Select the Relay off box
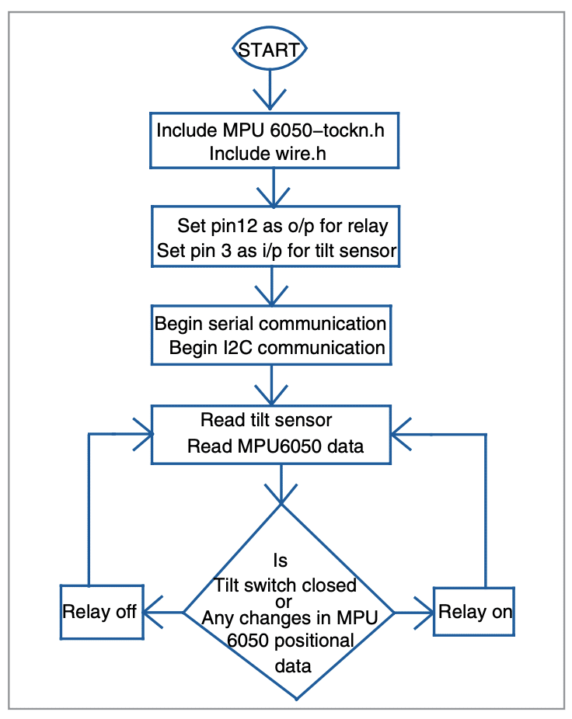point(102,611)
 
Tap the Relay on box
point(475,611)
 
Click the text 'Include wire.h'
point(267,153)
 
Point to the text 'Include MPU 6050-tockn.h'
point(270,130)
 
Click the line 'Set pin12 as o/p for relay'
point(283,226)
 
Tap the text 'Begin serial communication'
point(270,322)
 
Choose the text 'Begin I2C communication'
point(277,347)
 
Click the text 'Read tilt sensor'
point(266,420)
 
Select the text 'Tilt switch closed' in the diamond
point(285,585)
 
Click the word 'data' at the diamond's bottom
point(293,665)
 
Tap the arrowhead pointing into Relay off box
point(153,612)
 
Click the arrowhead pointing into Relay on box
point(424,612)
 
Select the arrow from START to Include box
point(270,93)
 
